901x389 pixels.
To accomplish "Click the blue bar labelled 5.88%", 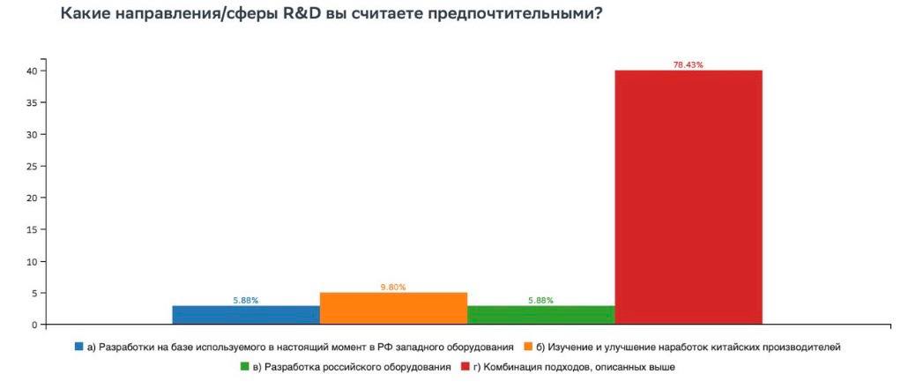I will (x=246, y=315).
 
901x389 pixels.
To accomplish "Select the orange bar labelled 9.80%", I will (x=393, y=309).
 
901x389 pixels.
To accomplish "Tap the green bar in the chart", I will (x=540, y=315).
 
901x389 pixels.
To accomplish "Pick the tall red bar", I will (x=688, y=198).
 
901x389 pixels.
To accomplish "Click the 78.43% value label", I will (x=688, y=65).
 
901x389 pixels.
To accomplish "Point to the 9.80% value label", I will (x=393, y=288).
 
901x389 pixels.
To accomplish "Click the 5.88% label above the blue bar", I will (x=246, y=301).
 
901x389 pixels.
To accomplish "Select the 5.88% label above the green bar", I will (x=540, y=301).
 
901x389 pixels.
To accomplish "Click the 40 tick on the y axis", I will (x=31, y=71).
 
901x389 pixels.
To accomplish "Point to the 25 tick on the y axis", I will (x=31, y=166).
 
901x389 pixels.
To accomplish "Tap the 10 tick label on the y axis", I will (x=31, y=262).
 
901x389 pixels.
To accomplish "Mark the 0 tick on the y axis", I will (x=34, y=325).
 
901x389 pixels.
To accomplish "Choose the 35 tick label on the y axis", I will (x=31, y=102).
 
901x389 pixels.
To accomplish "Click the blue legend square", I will (x=79, y=348).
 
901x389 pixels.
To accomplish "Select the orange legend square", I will (x=528, y=348).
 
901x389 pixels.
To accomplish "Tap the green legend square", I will (x=244, y=366).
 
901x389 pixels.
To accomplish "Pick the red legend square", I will (x=465, y=366).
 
